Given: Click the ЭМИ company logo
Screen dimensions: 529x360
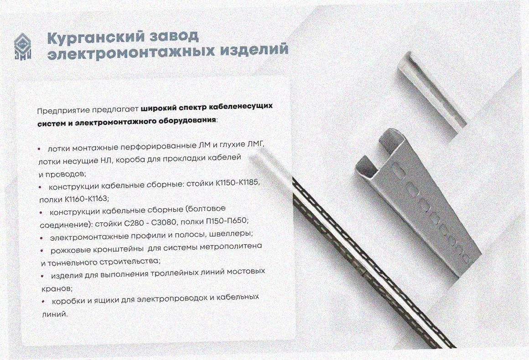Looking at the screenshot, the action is pos(23,47).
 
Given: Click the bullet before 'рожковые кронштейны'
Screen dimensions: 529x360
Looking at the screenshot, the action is pos(42,251).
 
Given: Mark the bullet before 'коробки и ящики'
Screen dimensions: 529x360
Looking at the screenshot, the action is pos(43,301).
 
